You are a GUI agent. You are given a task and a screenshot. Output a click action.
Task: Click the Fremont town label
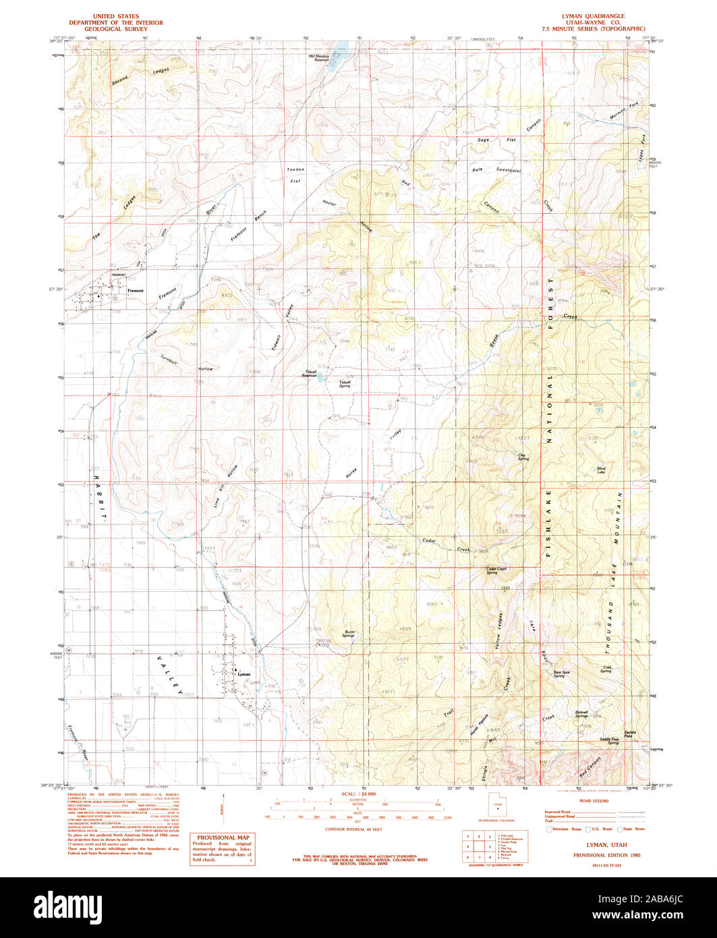(136, 290)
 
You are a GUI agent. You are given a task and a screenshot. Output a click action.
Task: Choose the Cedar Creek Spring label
(496, 571)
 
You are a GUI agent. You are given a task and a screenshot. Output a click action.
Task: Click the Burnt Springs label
(348, 634)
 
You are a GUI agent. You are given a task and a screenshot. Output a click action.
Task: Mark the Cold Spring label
(606, 669)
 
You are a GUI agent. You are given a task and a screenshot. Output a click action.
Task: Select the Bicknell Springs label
(581, 714)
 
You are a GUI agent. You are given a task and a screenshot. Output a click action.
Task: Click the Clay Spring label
(523, 457)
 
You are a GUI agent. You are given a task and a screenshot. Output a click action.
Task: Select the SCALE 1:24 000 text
(357, 793)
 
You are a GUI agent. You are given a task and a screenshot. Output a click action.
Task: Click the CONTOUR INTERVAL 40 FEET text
(353, 828)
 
